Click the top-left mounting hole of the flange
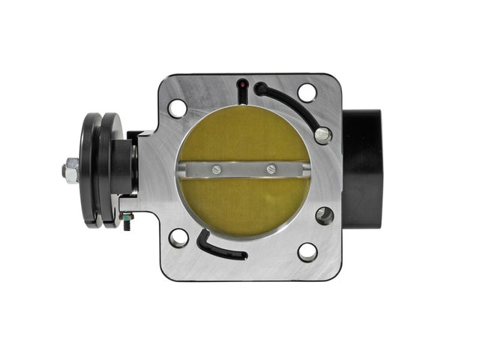click(x=178, y=108)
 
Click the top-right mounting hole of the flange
click(x=307, y=93)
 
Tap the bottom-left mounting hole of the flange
click(x=178, y=238)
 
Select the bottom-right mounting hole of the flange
click(x=307, y=252)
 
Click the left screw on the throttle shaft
click(x=216, y=169)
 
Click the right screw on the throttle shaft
click(x=271, y=169)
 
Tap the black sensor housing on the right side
click(x=362, y=169)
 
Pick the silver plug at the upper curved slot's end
click(x=322, y=135)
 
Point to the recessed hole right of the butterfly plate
click(x=325, y=216)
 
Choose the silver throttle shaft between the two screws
click(x=244, y=170)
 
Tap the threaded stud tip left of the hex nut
click(x=61, y=171)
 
